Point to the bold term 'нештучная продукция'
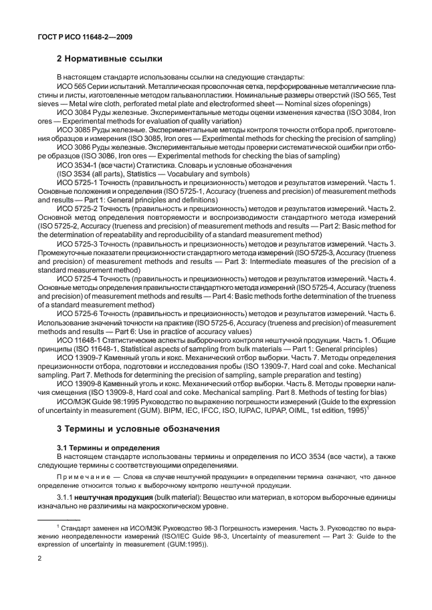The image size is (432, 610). click(x=112, y=498)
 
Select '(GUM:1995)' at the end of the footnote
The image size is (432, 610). click(x=191, y=544)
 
